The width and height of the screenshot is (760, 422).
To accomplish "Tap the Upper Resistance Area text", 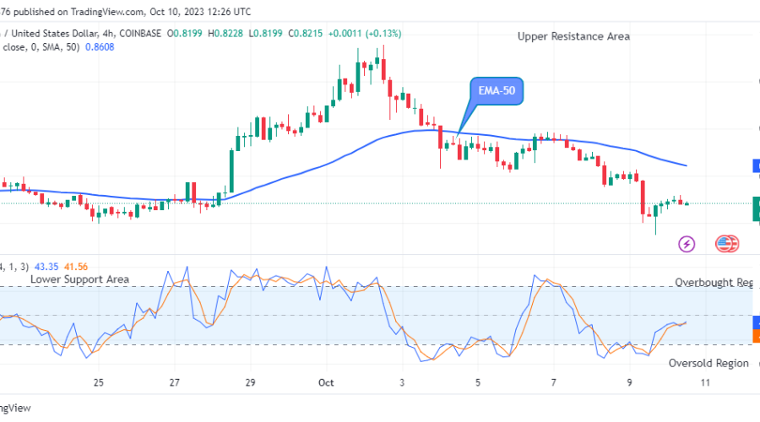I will pos(573,36).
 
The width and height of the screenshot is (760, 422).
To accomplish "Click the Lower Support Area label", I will pos(79,279).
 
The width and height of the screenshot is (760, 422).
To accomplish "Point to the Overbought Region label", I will pos(714,283).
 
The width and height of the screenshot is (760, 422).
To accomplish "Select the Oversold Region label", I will pos(708,363).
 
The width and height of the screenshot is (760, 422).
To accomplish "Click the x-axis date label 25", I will pos(99,382).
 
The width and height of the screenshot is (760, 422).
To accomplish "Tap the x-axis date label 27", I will pos(174,382).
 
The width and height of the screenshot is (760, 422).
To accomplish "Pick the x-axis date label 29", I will pos(250,382).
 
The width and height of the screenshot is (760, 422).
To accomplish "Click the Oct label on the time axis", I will pos(326,382).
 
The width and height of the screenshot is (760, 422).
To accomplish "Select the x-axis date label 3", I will pos(402,382).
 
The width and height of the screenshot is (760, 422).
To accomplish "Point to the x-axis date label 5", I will pos(478,382).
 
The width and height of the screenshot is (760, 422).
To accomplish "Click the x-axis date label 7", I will pos(554,382).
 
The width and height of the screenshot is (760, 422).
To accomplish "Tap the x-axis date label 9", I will pos(630,382).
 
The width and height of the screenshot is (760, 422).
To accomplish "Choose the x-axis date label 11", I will pos(706,382).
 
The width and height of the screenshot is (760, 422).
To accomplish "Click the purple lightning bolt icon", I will pos(687,244).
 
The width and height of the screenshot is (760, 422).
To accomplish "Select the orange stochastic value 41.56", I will pos(75,267).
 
